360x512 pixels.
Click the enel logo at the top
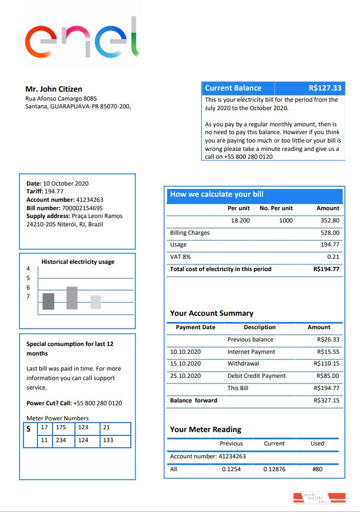click(x=82, y=38)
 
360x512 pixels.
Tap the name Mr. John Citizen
click(x=54, y=89)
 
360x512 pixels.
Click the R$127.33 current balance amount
click(x=325, y=88)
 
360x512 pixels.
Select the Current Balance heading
click(x=233, y=88)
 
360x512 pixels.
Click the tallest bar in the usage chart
click(x=72, y=298)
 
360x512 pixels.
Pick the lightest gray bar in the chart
click(x=96, y=302)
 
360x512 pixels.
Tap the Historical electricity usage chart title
click(x=78, y=262)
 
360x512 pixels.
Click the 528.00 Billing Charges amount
click(x=330, y=233)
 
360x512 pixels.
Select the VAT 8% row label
click(x=180, y=257)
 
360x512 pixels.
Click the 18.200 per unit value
click(x=240, y=220)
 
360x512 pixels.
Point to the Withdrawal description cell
click(x=243, y=364)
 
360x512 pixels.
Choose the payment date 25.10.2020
click(x=185, y=376)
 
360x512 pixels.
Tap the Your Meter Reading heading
click(x=206, y=429)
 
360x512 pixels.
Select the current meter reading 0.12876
click(x=274, y=469)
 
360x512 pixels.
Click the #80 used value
click(x=317, y=469)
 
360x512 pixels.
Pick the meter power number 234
click(x=61, y=440)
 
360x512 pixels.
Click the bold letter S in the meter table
click(x=28, y=429)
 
